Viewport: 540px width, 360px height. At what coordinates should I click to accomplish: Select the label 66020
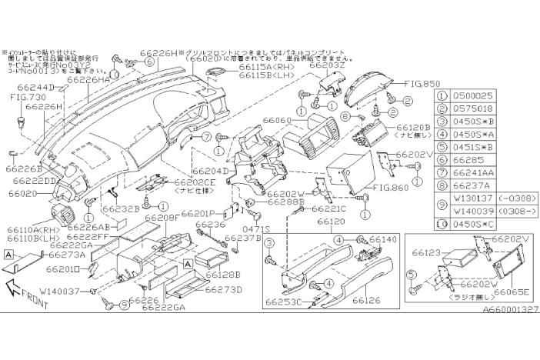coord(25,195)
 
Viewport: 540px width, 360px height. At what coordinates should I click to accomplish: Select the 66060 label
coord(277,121)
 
